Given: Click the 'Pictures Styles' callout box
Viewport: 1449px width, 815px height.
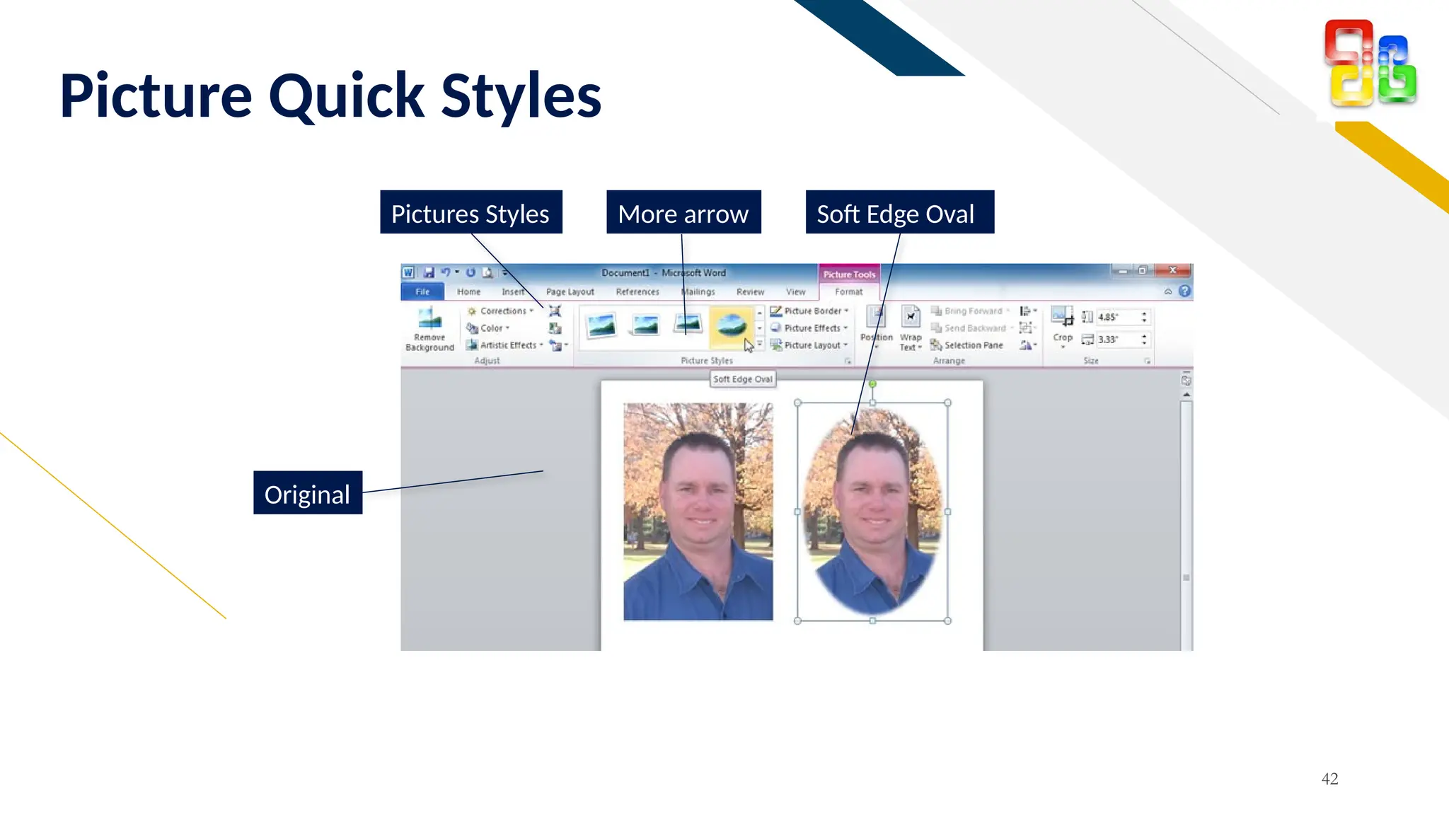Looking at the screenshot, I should [x=471, y=213].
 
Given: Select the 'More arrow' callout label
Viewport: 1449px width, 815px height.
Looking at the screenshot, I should [x=683, y=213].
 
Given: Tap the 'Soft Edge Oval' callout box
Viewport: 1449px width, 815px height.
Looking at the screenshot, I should [x=899, y=213].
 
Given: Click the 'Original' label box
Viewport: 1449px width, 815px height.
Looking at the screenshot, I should [x=308, y=493].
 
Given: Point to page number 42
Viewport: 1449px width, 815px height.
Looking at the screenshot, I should [x=1329, y=779].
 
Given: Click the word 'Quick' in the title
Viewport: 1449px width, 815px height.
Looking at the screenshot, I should [x=346, y=96].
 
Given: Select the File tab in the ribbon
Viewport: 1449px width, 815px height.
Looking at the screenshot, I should [x=422, y=291].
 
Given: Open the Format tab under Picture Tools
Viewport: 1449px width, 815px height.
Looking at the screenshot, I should [x=848, y=291].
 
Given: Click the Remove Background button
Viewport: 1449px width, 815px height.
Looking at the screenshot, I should [x=429, y=329].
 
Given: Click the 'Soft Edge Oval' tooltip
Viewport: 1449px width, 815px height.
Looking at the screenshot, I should [x=743, y=379].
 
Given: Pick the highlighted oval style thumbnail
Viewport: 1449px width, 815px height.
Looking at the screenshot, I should [x=731, y=326].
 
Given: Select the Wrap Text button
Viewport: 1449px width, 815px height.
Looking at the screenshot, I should [x=911, y=327].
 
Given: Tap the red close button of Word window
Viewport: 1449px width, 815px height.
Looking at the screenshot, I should [x=1173, y=270].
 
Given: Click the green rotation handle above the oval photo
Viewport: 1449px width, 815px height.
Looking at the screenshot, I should [x=872, y=384].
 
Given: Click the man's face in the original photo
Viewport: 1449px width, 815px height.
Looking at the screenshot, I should [x=700, y=495].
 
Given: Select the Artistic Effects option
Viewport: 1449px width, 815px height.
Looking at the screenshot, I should [x=507, y=345].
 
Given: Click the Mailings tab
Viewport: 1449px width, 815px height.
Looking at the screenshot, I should [x=699, y=291].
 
